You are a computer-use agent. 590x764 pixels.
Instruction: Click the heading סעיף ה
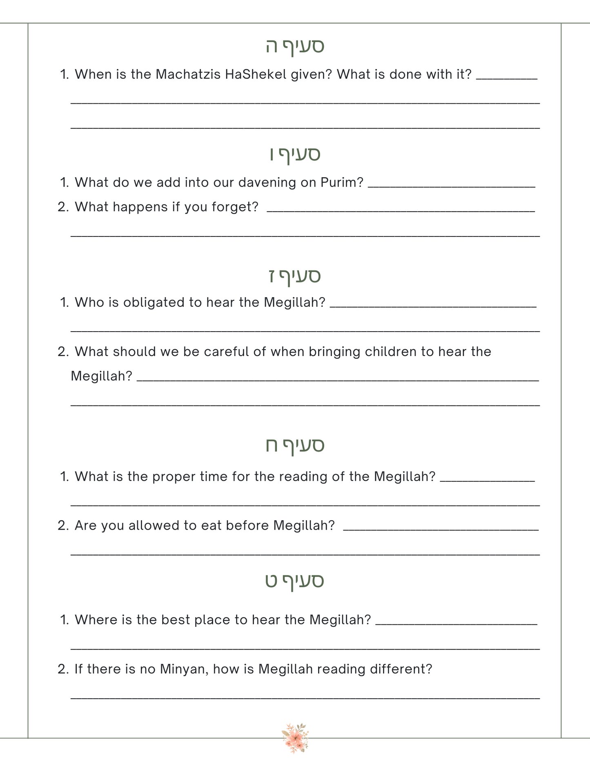(295, 46)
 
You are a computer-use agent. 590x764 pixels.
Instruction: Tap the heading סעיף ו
(295, 154)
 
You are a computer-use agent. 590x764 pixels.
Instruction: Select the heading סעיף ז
(295, 276)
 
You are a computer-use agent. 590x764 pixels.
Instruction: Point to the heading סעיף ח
(295, 445)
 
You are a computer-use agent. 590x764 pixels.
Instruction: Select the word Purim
(342, 183)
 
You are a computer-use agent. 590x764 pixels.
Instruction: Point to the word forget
(235, 207)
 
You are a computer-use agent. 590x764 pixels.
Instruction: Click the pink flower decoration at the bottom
(295, 738)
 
